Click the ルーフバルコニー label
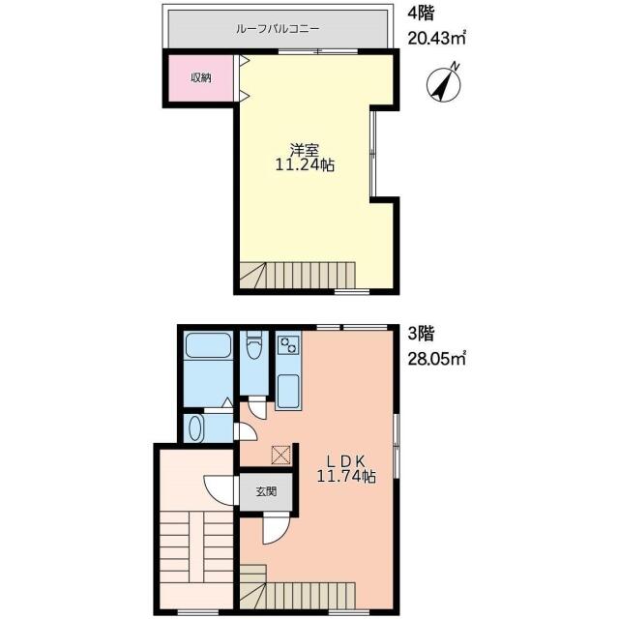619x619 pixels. pos(278,29)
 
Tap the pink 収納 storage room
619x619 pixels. pos(201,77)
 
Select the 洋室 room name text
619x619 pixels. pos(305,150)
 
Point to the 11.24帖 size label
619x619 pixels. pos(305,165)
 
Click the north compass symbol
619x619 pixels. pos(445,84)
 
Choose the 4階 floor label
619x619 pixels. pos(421,15)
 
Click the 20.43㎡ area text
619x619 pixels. pos(437,39)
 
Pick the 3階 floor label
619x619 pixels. pos(421,335)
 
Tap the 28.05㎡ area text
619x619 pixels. pos(437,360)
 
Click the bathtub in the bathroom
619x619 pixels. pos(208,346)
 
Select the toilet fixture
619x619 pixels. pos(253,344)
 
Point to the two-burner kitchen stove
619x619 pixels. pos(288,343)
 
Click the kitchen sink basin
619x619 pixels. pos(288,391)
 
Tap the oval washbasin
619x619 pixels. pos(195,428)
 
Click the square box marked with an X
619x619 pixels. pos(281,455)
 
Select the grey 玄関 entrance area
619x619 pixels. pos(266,491)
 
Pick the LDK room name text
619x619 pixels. pos(346,461)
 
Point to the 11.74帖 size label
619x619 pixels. pos(346,477)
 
